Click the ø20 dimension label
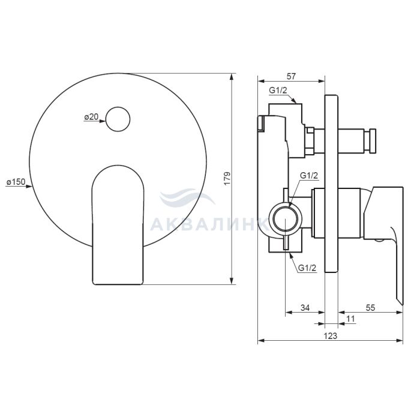[x=91, y=117]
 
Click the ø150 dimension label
[x=16, y=182]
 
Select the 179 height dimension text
[x=227, y=178]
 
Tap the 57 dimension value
[x=291, y=76]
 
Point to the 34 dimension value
[x=305, y=308]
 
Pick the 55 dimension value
[x=370, y=308]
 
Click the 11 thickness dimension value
[x=350, y=319]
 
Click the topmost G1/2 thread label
[x=278, y=90]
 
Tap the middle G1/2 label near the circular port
[x=309, y=176]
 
